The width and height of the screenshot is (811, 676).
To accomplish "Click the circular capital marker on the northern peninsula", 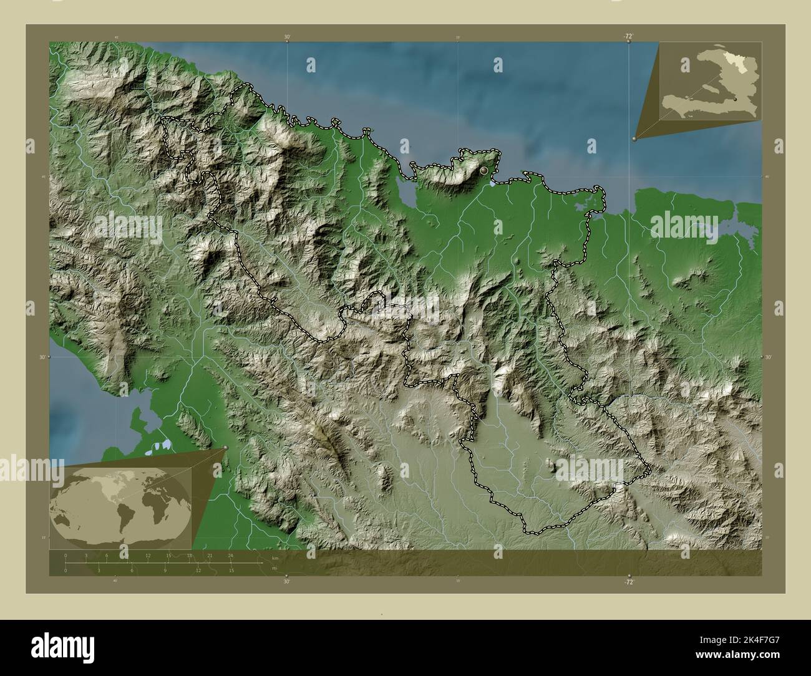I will [x=483, y=170].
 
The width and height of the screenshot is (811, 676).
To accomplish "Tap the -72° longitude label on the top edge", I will [x=628, y=37].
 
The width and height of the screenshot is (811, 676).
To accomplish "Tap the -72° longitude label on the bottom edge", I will [x=629, y=582].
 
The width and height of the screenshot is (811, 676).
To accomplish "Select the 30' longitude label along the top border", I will [x=287, y=37].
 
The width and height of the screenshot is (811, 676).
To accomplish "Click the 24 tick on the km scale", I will [x=231, y=555].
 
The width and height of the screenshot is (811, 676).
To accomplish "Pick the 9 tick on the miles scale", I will [x=165, y=570].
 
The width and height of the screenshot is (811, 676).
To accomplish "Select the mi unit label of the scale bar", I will [x=274, y=568].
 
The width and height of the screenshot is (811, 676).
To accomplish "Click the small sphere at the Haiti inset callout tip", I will [x=634, y=139].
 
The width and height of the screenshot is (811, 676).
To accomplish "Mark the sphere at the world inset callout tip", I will [x=225, y=448].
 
